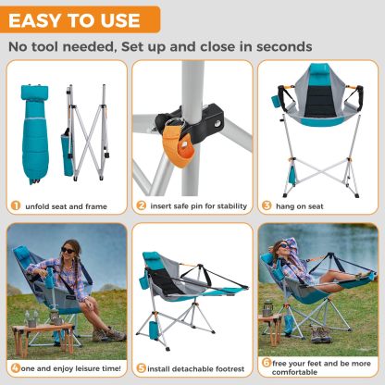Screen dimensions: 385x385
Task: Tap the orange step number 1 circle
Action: coord(16,205)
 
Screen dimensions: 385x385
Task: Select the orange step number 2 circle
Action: coord(141,205)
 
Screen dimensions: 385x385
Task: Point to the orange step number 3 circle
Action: coord(267,205)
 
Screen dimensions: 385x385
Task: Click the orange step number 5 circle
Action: coord(142,368)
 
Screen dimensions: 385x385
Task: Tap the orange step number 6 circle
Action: coord(267,363)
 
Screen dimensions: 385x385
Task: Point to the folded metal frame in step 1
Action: coord(88,132)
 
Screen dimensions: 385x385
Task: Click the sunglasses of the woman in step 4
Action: coord(68,250)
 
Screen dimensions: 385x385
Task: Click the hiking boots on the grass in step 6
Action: coord(321,334)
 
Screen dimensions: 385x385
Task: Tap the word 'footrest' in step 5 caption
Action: coord(230,369)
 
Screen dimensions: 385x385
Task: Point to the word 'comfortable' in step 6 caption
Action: coord(294,372)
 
